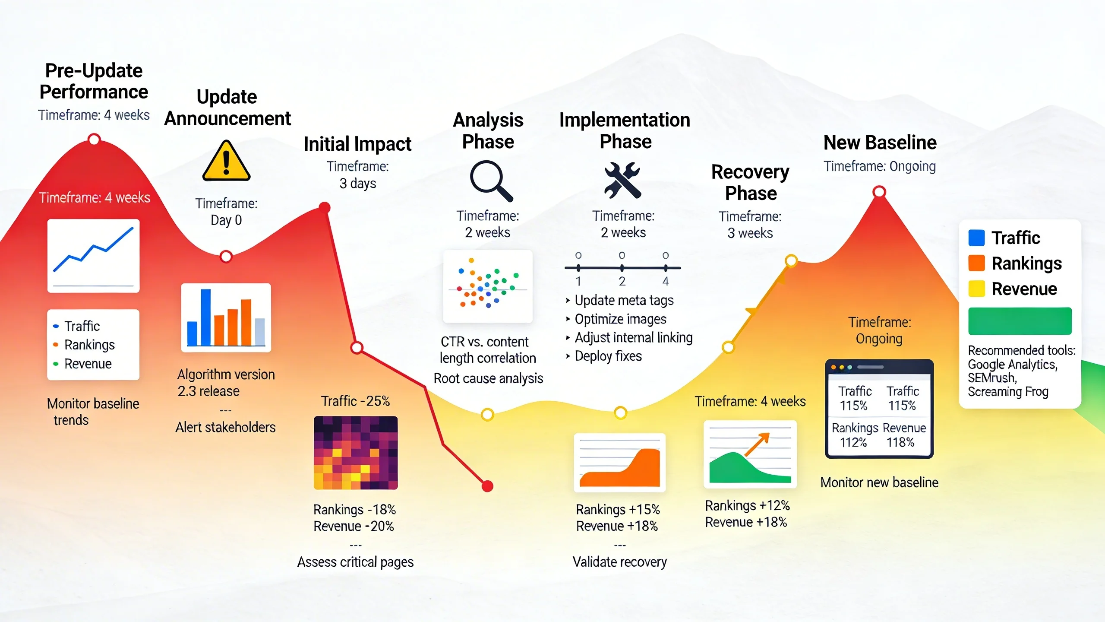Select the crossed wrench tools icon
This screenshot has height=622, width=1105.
point(622,180)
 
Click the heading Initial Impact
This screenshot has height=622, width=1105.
point(357,144)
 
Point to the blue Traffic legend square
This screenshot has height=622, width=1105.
point(976,238)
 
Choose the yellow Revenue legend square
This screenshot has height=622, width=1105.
point(976,289)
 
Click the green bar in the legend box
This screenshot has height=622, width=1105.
point(1020,321)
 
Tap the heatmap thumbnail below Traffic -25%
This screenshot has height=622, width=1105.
point(356,453)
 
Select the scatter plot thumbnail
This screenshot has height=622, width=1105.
point(488,286)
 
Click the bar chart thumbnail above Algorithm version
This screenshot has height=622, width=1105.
point(226,317)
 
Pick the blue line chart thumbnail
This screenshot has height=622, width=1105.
point(93,255)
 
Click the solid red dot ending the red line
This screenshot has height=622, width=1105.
point(487,486)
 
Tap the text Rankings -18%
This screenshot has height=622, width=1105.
point(354,510)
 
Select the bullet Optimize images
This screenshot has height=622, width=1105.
point(620,319)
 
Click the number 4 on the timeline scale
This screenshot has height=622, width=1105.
point(666,281)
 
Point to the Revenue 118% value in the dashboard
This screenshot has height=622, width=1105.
point(900,442)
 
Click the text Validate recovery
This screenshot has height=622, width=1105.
point(619,562)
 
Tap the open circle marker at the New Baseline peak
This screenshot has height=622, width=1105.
point(879,191)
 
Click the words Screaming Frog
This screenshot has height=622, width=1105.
point(1007,392)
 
